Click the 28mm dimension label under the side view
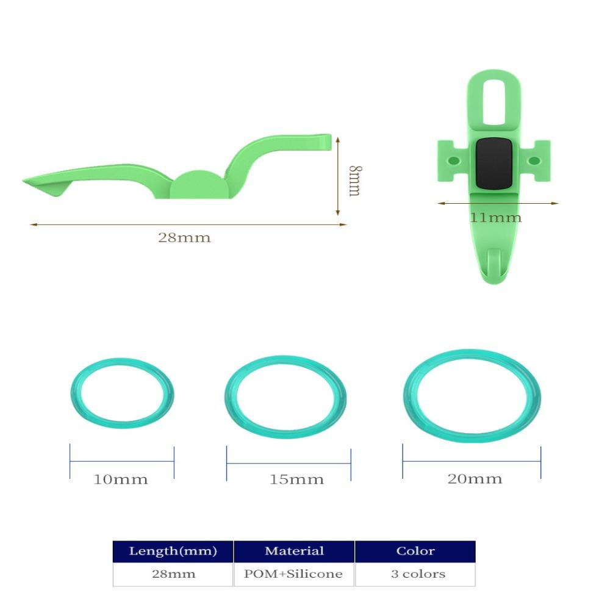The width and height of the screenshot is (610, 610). pos(184,237)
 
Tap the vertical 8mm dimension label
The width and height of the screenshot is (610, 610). pos(355,181)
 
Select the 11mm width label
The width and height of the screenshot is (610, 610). pos(495,217)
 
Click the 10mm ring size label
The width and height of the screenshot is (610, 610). pos(121,479)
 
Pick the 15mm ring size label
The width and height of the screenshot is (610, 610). pos(296,479)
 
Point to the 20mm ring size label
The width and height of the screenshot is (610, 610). pos(475,478)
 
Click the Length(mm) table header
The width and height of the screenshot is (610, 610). pos(173,551)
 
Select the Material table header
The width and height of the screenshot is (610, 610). pos(294,550)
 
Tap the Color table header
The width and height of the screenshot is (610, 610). pos(415,550)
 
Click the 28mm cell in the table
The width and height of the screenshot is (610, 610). pos(173,573)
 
